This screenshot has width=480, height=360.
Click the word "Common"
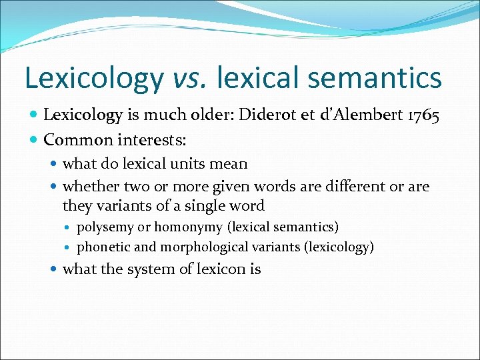75,140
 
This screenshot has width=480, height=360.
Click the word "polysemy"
105,228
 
